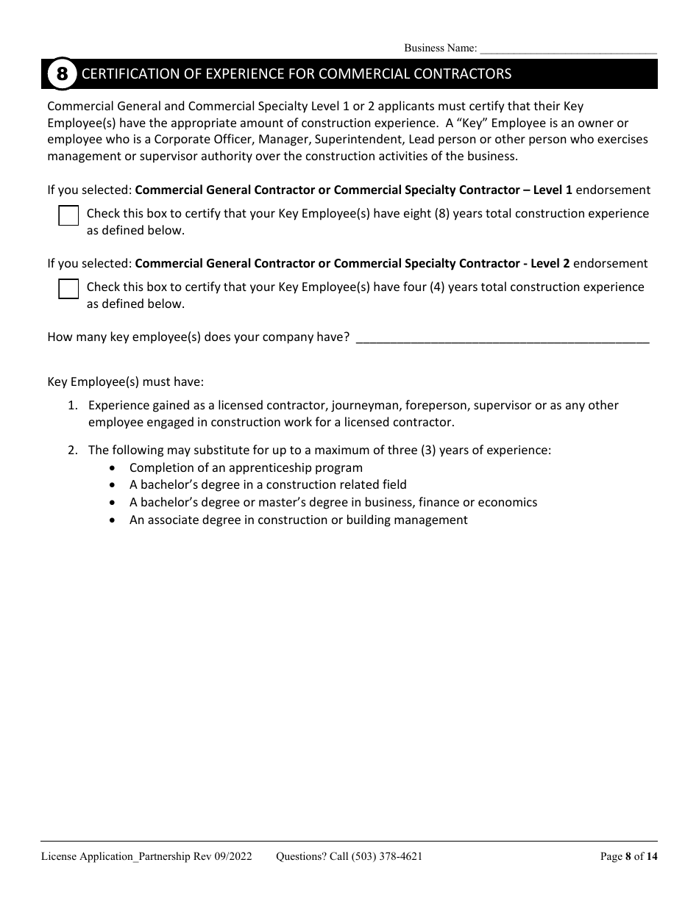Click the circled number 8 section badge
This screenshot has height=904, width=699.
[62, 74]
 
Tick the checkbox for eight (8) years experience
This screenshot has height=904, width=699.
[68, 216]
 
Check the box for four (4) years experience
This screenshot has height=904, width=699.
[68, 289]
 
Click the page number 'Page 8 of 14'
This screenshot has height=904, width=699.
[628, 856]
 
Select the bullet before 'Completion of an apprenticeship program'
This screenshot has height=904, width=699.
[112, 467]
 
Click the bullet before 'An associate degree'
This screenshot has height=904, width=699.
[112, 520]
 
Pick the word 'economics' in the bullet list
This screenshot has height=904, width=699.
[507, 503]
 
